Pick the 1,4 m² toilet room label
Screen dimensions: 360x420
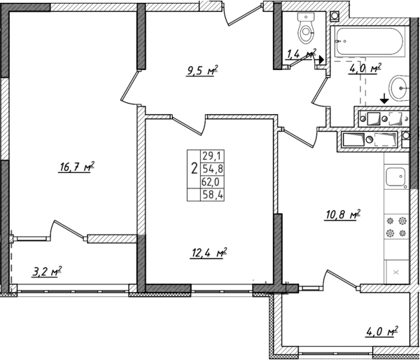point(301,53)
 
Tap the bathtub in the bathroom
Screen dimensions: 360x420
point(368,44)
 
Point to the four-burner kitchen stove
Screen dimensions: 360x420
point(396,228)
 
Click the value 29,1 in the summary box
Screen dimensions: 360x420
point(209,156)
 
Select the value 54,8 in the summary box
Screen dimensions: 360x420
point(209,169)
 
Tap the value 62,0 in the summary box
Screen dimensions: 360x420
point(209,181)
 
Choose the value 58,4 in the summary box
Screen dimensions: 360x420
point(209,195)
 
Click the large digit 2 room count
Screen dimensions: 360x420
point(192,168)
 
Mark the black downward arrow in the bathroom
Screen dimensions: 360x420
point(384,102)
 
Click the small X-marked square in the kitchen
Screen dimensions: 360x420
point(396,271)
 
